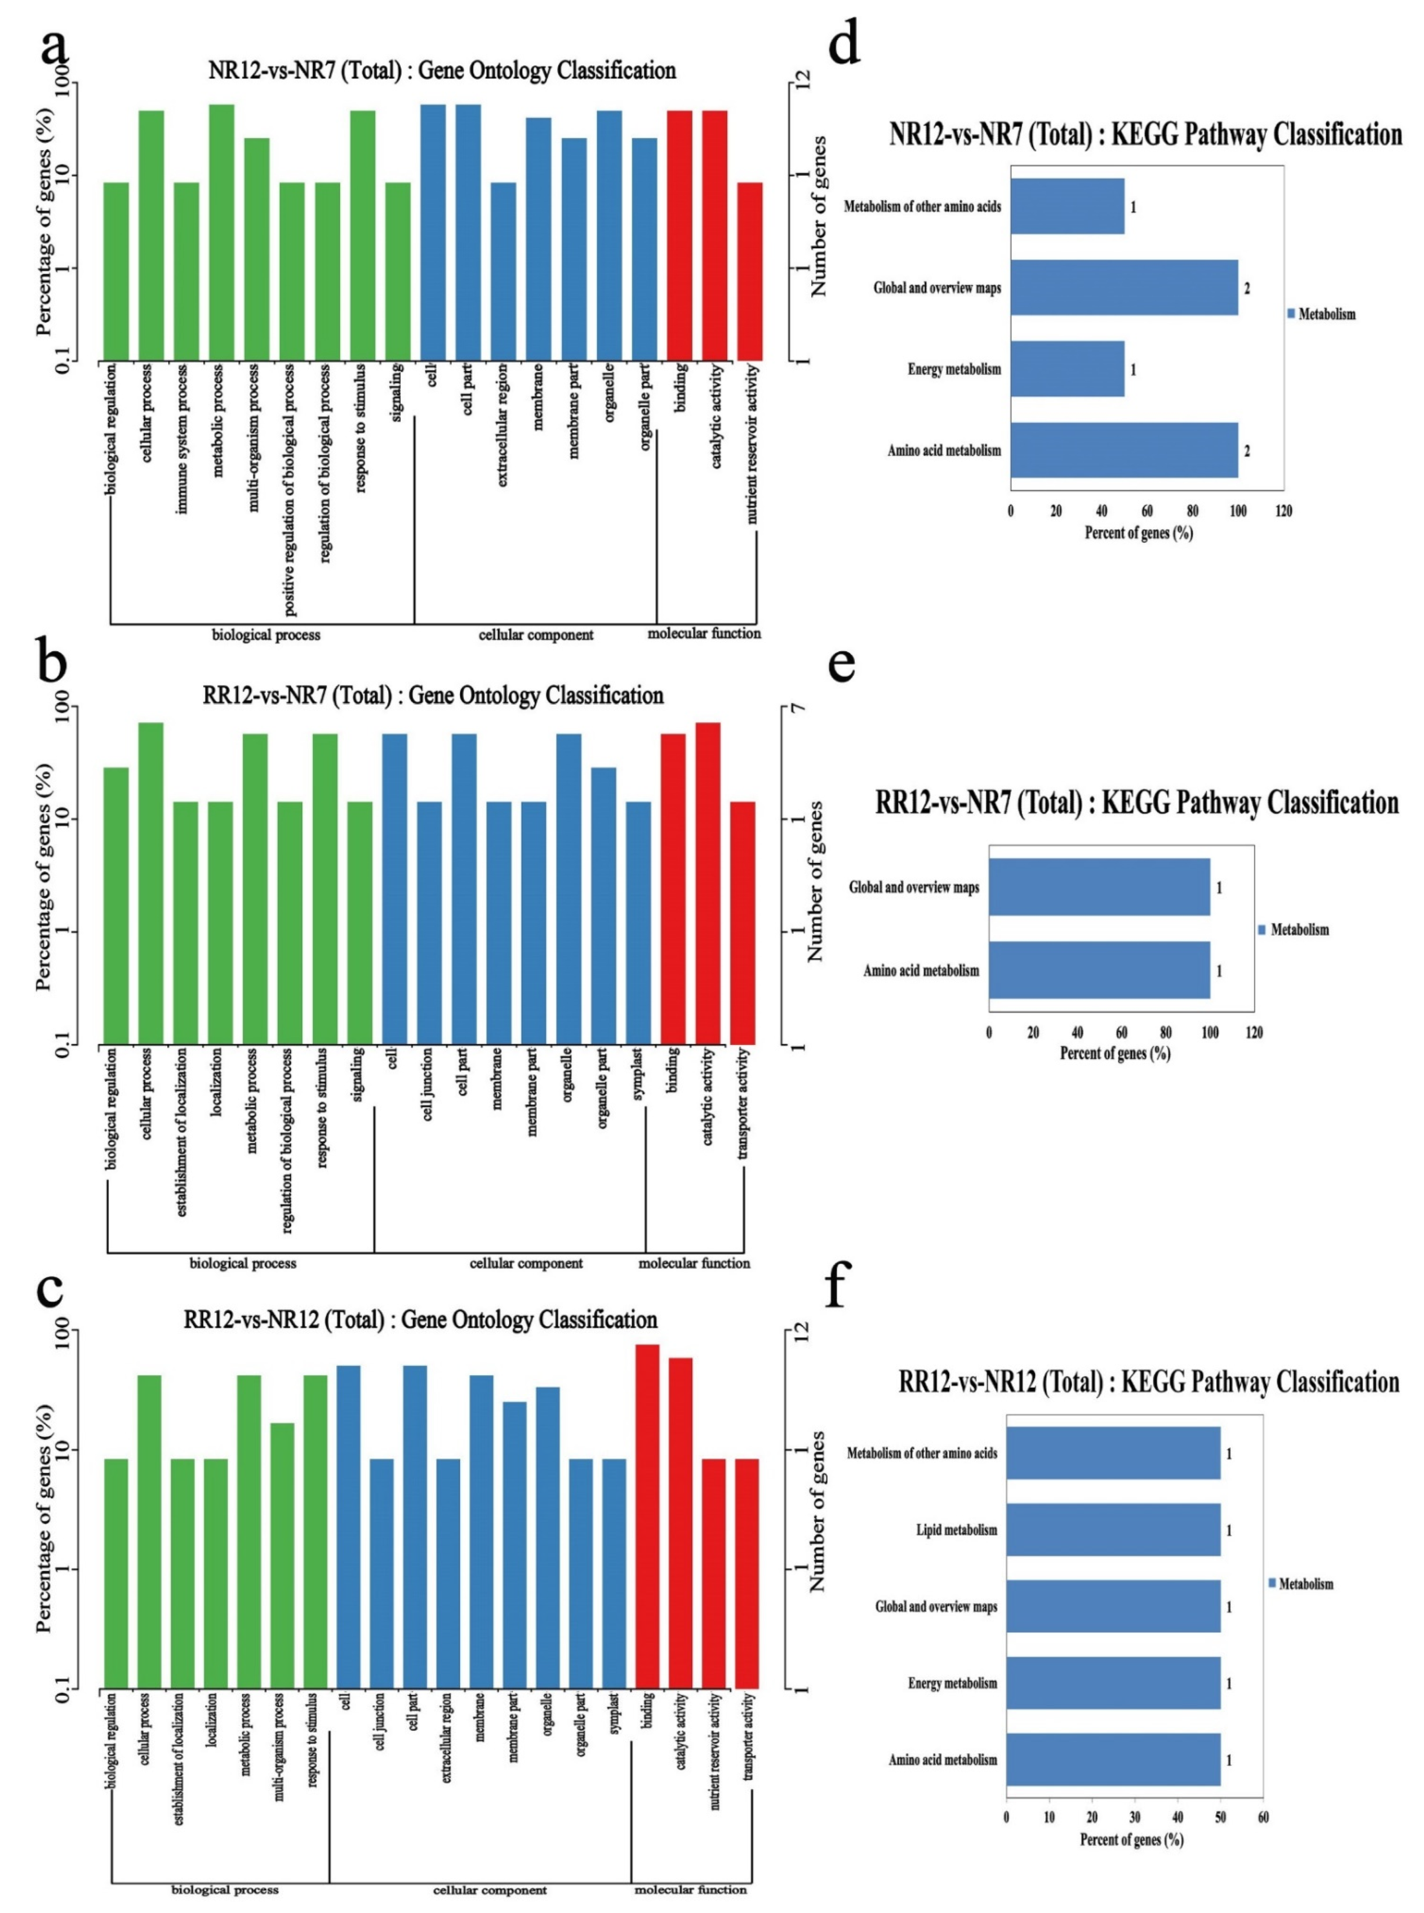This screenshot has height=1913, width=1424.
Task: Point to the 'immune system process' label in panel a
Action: pos(182,440)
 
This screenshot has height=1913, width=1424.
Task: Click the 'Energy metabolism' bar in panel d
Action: pos(1067,369)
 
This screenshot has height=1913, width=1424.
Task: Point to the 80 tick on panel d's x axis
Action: pos(1192,511)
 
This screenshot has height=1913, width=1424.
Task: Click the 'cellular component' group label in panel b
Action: pos(526,1263)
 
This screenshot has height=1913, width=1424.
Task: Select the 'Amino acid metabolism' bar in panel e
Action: pos(1099,970)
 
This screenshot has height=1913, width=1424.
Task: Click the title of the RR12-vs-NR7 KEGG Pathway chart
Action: pos(1136,802)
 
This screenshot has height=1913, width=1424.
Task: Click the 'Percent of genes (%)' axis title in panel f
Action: pos(1131,1840)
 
